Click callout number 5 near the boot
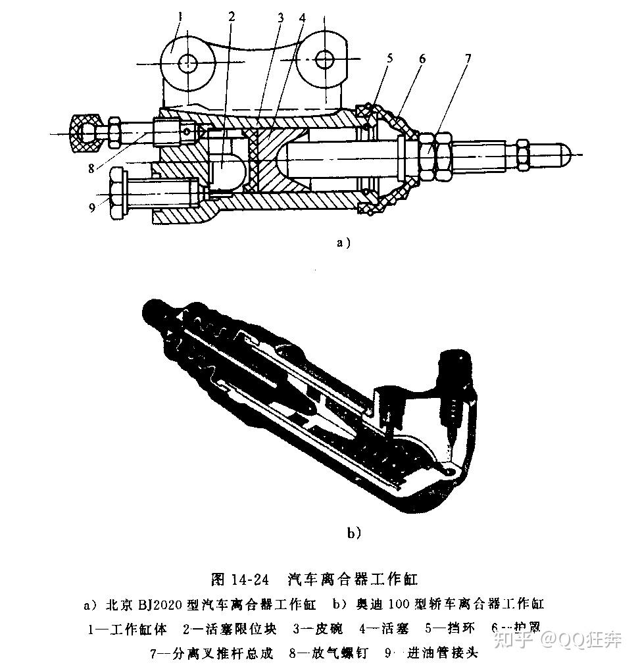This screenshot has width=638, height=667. point(390,58)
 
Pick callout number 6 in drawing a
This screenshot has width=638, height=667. point(422,59)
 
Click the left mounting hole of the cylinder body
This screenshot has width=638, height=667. point(188,62)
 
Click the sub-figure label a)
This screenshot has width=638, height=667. point(343,242)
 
